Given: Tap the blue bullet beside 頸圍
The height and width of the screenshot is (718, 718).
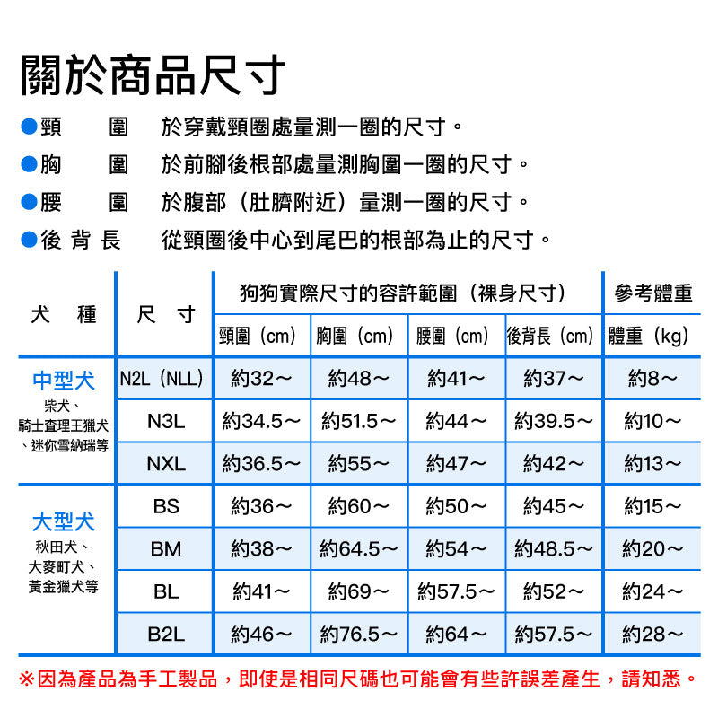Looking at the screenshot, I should pyautogui.click(x=28, y=127).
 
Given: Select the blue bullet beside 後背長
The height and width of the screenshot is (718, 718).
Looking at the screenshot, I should pyautogui.click(x=28, y=240).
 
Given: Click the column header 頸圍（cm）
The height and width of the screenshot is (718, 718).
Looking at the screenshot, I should pyautogui.click(x=261, y=337).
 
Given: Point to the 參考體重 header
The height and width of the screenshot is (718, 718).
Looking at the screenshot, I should pyautogui.click(x=652, y=293).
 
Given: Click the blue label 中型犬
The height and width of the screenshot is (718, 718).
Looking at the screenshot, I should pyautogui.click(x=63, y=380).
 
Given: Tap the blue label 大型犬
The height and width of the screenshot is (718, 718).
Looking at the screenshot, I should pyautogui.click(x=63, y=521).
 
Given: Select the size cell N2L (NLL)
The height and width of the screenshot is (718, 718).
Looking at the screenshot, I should pyautogui.click(x=162, y=378).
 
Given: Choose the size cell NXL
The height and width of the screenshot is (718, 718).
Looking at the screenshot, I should pyautogui.click(x=165, y=463).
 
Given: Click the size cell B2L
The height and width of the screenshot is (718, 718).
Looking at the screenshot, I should pyautogui.click(x=166, y=634).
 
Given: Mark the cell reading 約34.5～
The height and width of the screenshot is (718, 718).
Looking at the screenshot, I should pyautogui.click(x=261, y=420).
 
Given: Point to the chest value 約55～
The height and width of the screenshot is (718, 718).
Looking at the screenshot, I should pyautogui.click(x=359, y=463).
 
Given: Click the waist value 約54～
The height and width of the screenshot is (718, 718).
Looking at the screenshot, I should pyautogui.click(x=456, y=548).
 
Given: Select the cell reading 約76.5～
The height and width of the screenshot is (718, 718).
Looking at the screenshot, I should pyautogui.click(x=359, y=634).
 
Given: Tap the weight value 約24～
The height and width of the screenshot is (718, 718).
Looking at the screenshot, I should pyautogui.click(x=652, y=591).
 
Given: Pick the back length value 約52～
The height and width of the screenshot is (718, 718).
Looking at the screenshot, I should pyautogui.click(x=554, y=591).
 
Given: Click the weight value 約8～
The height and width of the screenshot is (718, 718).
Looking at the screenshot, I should pyautogui.click(x=652, y=378).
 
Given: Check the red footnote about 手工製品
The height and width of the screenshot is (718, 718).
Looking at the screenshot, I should pyautogui.click(x=358, y=678).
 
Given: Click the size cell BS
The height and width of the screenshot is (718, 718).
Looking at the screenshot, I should pyautogui.click(x=166, y=506).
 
